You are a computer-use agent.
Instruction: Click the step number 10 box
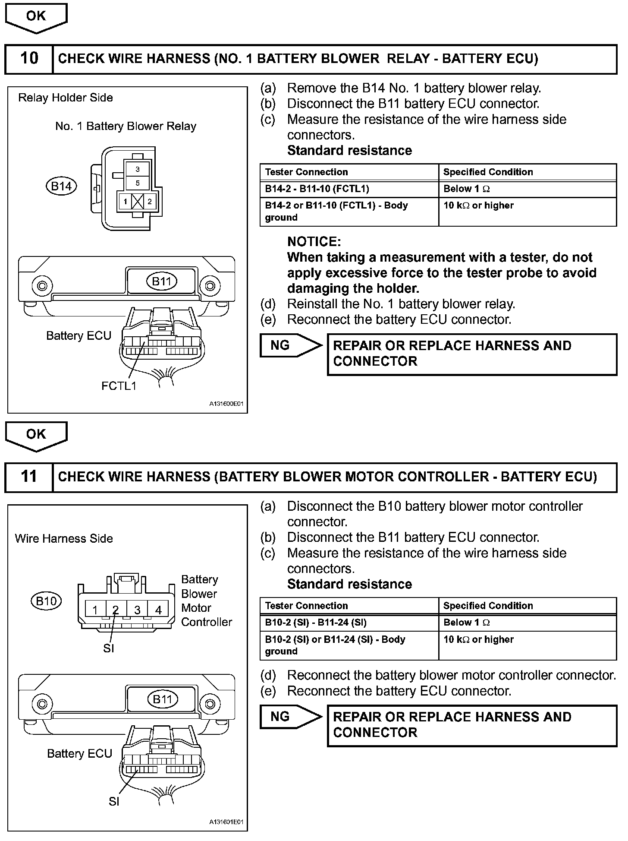(x=29, y=58)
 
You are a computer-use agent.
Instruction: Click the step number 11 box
(x=29, y=477)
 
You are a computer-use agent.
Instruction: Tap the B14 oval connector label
(x=61, y=186)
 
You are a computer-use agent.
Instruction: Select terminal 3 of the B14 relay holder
(x=138, y=169)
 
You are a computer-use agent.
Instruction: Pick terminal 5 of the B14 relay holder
(x=138, y=183)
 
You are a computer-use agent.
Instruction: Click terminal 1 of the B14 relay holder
(x=125, y=202)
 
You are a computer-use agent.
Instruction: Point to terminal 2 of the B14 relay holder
(x=150, y=202)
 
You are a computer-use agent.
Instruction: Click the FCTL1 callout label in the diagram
(x=119, y=386)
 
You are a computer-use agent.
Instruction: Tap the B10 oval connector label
(x=46, y=601)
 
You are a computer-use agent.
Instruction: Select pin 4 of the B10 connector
(x=158, y=610)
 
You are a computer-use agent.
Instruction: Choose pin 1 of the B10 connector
(x=95, y=610)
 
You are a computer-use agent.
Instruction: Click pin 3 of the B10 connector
(x=137, y=610)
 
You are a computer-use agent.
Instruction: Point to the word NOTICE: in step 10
(x=314, y=241)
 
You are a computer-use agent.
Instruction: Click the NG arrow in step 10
(x=290, y=345)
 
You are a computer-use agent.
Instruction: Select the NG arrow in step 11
(x=290, y=717)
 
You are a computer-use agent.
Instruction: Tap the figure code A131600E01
(x=226, y=404)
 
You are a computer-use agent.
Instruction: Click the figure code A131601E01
(x=226, y=822)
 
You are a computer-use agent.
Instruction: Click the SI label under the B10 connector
(x=109, y=648)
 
